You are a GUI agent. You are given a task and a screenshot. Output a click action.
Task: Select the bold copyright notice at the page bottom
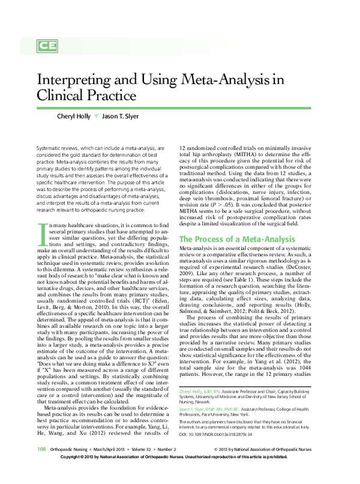point(180,474)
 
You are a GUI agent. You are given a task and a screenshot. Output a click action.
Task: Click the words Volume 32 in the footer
point(152,465)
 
